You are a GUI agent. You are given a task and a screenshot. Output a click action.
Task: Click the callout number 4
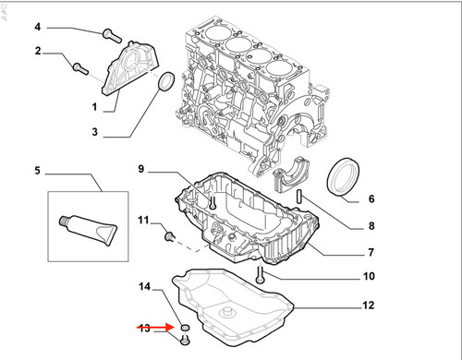point(37,27)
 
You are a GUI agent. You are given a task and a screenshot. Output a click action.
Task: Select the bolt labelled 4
point(112,36)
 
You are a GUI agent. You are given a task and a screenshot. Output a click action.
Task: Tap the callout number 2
point(38,51)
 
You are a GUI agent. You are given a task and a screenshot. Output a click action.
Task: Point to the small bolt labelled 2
point(80,68)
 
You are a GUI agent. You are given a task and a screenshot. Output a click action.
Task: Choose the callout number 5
point(37,170)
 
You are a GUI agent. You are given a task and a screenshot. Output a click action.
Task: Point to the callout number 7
point(371,252)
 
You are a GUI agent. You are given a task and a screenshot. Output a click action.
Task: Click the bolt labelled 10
point(261,275)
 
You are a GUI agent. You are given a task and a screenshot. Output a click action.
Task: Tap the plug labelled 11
point(169,236)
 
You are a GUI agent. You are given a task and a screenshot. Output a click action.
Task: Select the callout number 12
point(368,306)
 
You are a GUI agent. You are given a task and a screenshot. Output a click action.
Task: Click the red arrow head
point(170,328)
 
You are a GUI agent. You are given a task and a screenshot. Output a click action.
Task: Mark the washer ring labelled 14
point(185,328)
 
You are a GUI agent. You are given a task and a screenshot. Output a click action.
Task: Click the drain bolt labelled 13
point(185,341)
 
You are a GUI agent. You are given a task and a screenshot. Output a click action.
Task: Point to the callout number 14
point(145,287)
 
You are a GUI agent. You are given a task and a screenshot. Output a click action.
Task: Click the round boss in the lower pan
point(226,312)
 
